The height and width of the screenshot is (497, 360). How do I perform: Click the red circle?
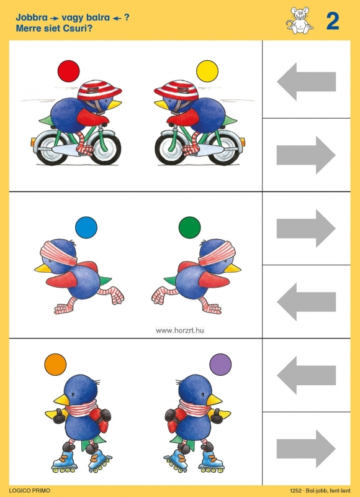click(69, 71)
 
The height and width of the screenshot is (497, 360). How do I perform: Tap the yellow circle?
click(207, 71)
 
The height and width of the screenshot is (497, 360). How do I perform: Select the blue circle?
click(86, 227)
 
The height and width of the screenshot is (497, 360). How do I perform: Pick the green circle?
click(190, 227)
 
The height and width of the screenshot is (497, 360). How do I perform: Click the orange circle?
click(55, 365)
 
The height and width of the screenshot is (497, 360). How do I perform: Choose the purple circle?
click(221, 365)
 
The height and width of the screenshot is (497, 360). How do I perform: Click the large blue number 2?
click(333, 22)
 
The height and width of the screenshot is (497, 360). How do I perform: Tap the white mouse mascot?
click(300, 21)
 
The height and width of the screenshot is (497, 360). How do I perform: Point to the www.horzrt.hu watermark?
click(180, 331)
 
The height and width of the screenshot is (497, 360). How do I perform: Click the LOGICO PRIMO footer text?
click(29, 491)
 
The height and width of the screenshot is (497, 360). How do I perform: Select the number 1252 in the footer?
click(295, 491)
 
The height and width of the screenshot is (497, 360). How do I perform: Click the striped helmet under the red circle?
click(99, 90)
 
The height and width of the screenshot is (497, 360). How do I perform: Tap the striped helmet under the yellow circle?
click(176, 90)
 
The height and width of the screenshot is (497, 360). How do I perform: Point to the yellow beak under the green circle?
click(233, 268)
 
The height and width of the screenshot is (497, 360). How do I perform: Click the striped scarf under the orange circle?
click(81, 408)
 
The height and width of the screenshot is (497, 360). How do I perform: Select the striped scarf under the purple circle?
click(195, 408)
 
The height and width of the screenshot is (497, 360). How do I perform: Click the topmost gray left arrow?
click(306, 81)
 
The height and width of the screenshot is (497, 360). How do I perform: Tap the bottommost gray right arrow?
click(306, 449)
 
